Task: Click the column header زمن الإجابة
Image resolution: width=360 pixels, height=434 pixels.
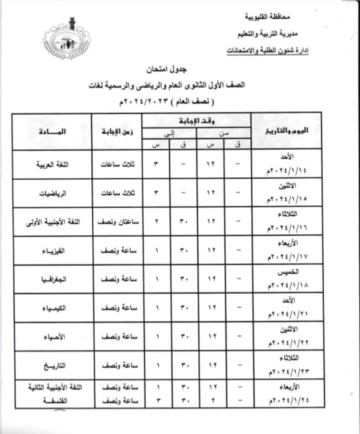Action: (116, 131)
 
